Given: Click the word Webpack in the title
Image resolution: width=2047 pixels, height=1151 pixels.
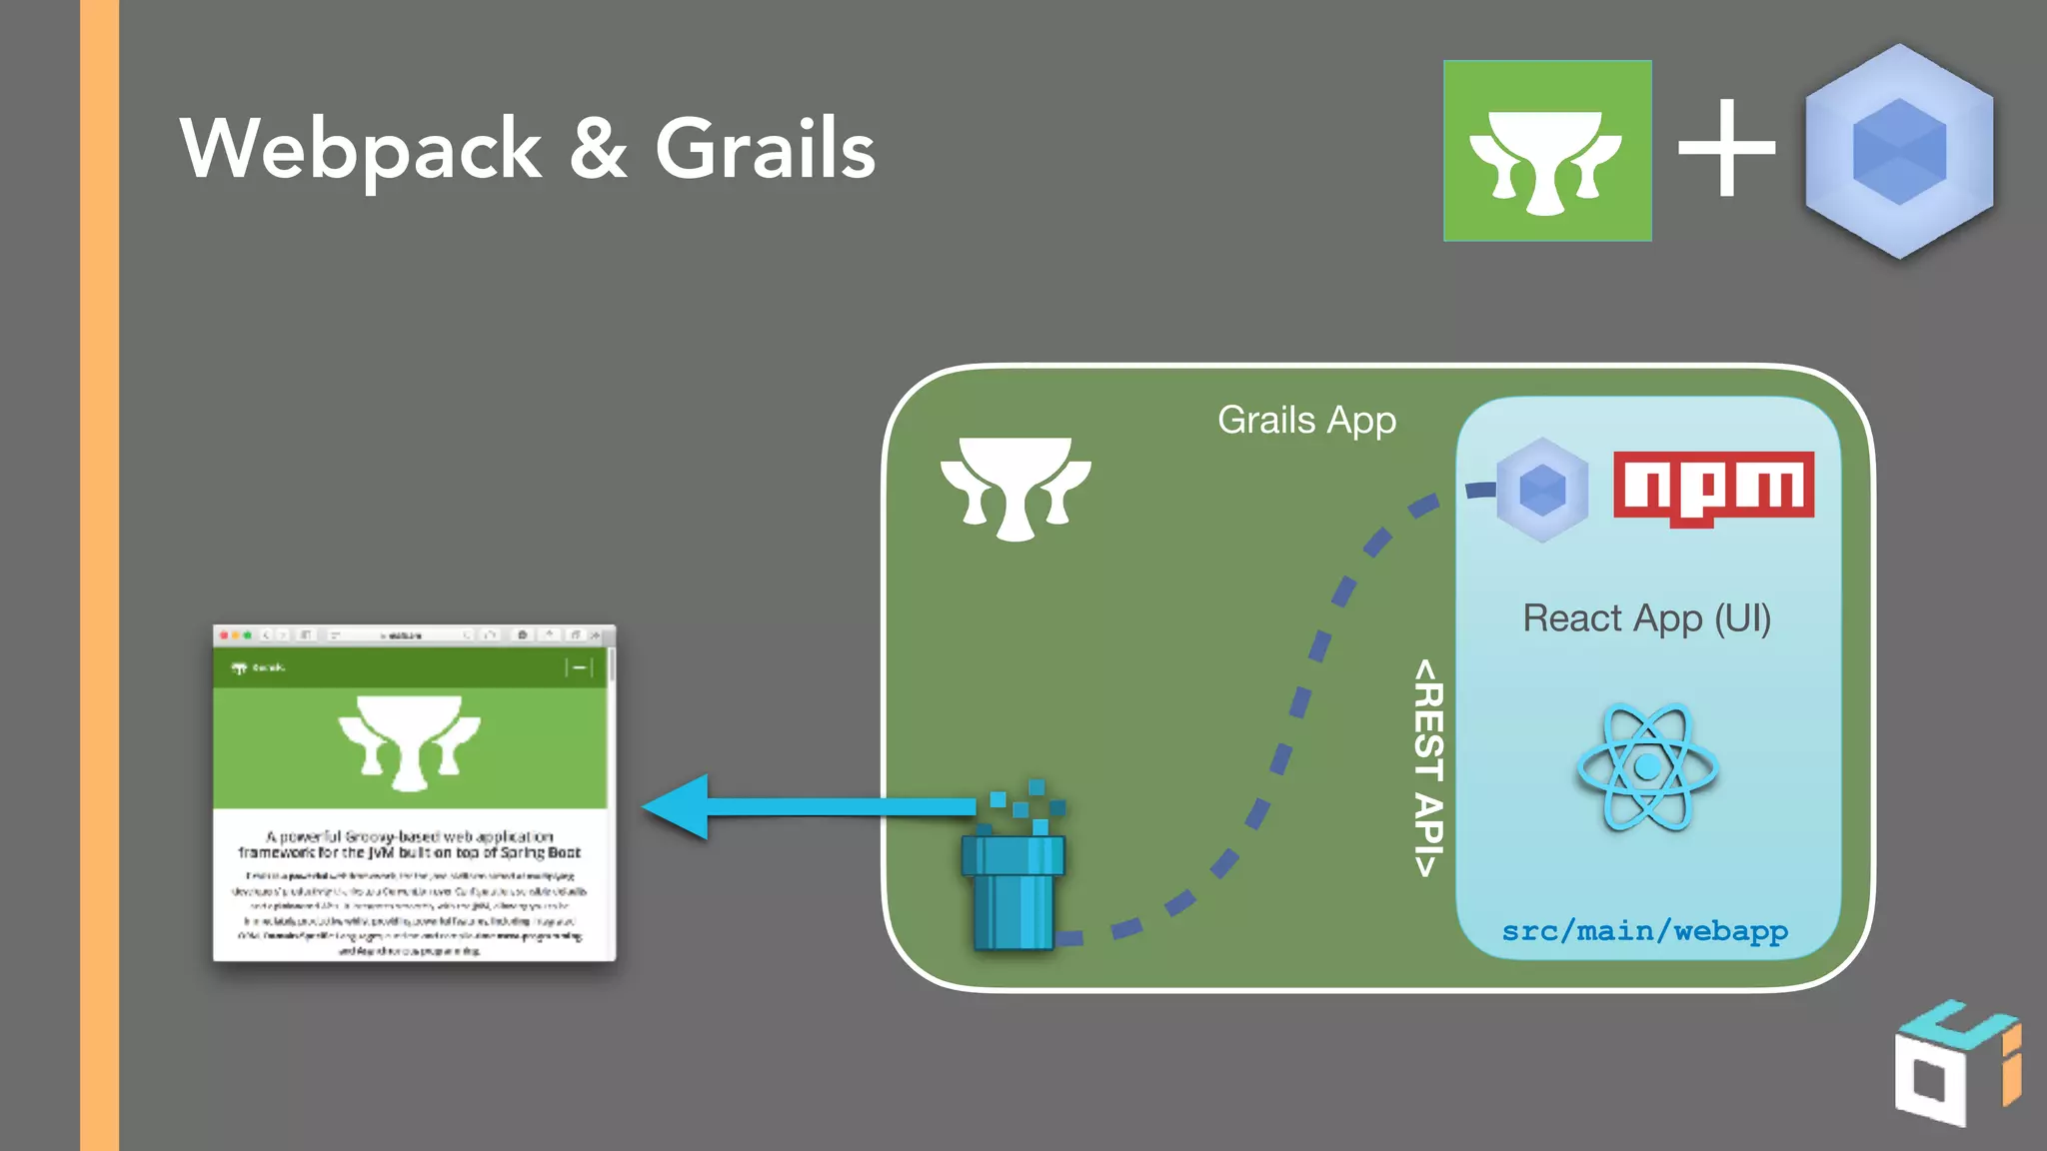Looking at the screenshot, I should (x=360, y=150).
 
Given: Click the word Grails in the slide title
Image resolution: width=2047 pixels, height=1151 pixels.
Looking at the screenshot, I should (x=765, y=150).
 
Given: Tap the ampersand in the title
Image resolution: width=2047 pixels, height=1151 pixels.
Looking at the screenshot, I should (x=599, y=150).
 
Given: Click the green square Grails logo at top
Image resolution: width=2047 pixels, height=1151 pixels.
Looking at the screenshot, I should (x=1546, y=151).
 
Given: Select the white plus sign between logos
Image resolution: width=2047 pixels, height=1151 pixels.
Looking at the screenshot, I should (x=1726, y=150).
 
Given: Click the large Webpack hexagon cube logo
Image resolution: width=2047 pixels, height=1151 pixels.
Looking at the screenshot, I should (x=1899, y=151).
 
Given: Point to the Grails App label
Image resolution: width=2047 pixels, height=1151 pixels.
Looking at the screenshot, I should (x=1306, y=421).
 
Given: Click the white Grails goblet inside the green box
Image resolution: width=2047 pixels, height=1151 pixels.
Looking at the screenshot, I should (x=1016, y=487).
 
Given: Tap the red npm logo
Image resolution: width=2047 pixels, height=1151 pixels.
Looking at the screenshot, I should (x=1713, y=487).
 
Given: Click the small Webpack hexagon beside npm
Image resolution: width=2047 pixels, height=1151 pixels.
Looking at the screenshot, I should (x=1542, y=490).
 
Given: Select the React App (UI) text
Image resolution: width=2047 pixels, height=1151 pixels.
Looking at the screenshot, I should (x=1646, y=618).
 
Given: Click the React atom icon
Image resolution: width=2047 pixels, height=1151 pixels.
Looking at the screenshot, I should (x=1647, y=767).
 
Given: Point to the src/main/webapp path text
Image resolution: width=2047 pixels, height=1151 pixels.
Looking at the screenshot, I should (x=1645, y=931).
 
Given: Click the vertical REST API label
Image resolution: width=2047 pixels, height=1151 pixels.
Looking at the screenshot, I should (x=1428, y=767).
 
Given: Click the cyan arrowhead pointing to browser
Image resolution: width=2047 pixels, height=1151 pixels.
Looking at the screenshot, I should (x=680, y=806).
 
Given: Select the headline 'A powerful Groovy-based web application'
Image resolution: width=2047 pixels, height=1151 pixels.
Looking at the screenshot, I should (x=410, y=836).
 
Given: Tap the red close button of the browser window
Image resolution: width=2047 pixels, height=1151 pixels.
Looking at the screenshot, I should (x=224, y=635).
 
